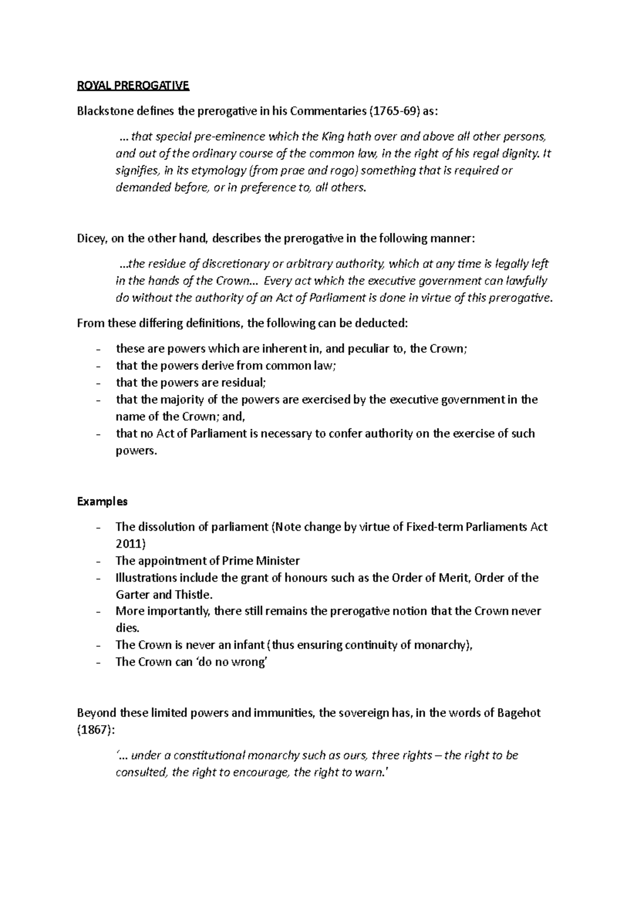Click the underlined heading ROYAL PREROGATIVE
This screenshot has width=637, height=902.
pos(133,86)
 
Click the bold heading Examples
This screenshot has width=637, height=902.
pos(102,501)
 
